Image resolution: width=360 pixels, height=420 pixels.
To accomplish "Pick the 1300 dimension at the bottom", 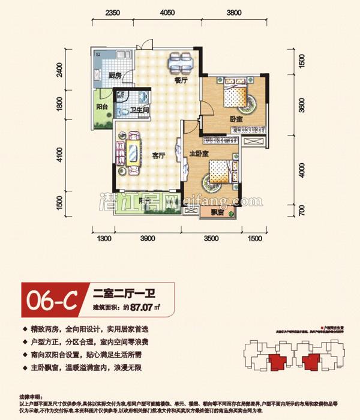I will tap(104, 239).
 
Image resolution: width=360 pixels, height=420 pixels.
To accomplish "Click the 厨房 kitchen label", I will tap(115, 76).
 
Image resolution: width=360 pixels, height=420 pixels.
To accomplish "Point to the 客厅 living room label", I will tap(158, 156).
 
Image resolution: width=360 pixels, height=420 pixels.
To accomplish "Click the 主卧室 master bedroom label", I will tap(199, 154).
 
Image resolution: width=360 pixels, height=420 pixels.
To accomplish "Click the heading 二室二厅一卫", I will tap(125, 294).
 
